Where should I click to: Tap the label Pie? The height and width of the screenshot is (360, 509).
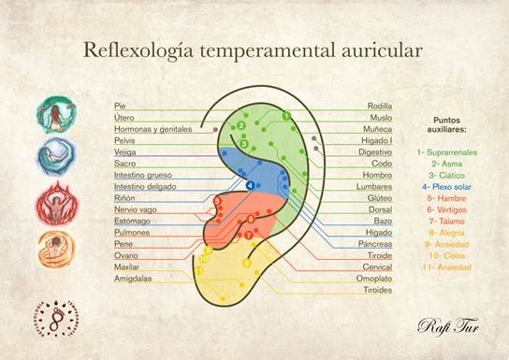[119, 106]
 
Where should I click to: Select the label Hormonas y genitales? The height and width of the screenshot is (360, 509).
[153, 128]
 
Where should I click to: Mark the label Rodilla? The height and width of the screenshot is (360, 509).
[381, 106]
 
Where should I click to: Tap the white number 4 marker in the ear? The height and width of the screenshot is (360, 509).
[250, 185]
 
